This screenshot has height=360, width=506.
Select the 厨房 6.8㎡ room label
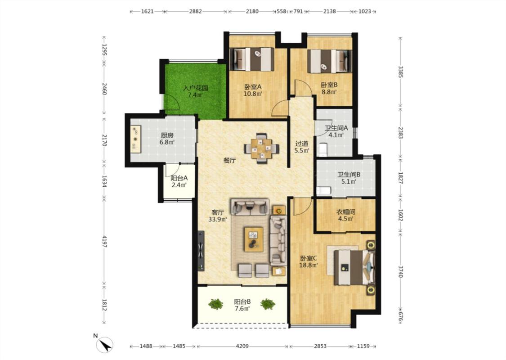pos(167,139)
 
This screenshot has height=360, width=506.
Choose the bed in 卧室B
pos(329,61)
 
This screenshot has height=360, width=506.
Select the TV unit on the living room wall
pos(201,251)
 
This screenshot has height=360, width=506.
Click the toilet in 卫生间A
pos(323,149)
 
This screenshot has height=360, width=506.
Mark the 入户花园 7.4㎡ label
pos(196,91)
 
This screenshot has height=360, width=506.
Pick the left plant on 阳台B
pos(215,304)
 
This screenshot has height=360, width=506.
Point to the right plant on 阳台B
pos(268,304)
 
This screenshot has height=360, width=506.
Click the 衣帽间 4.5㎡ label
pos(346,216)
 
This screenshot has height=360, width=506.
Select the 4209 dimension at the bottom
pos(242,346)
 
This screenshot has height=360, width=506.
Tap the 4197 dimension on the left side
pos(104,241)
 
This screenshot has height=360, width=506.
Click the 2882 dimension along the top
pos(195,11)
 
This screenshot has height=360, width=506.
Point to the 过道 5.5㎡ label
pos(302,147)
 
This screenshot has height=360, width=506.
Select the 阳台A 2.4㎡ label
pos(179,181)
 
